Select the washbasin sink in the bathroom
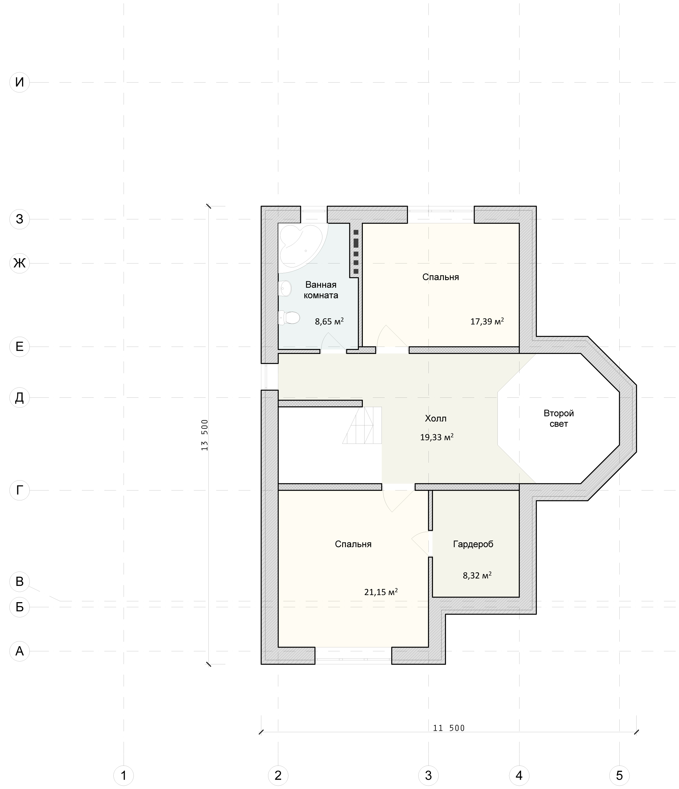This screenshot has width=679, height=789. pos(285,289)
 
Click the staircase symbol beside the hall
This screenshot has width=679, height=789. pos(362,425)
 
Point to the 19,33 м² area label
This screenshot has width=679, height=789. pos(437,437)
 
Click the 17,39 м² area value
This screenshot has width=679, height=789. pos(487,321)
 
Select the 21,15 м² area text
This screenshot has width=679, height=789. pos(381,592)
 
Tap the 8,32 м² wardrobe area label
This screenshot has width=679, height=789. pos(477,575)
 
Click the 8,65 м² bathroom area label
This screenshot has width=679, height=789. pos(329,321)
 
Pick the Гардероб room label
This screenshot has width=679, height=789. pos(473,544)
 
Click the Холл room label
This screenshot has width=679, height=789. pos(436,418)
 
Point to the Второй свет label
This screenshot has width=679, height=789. pos(559,418)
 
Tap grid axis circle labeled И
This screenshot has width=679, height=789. pos(20,82)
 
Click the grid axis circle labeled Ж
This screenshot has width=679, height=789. pos(20,263)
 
